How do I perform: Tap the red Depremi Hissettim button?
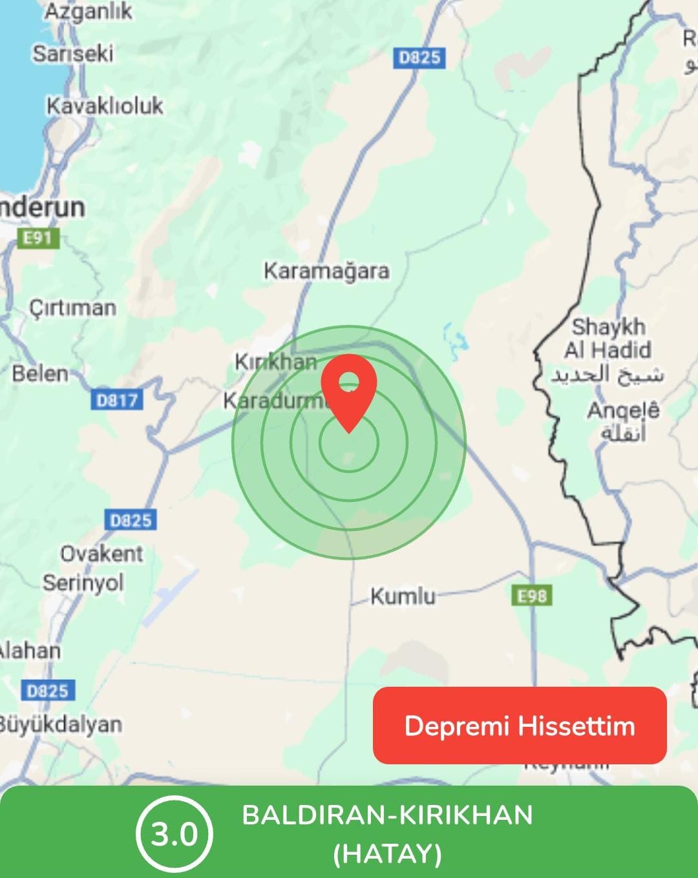click(x=520, y=726)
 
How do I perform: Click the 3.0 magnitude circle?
click(x=174, y=834)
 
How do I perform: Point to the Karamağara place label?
click(x=326, y=271)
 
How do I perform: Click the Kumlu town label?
click(x=403, y=596)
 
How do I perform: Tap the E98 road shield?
click(x=532, y=596)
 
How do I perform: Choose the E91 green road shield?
click(x=37, y=238)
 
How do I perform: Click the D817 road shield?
click(x=117, y=401)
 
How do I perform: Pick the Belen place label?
click(x=40, y=373)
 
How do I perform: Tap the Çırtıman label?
click(x=72, y=308)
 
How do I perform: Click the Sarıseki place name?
click(x=73, y=53)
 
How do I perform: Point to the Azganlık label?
click(x=88, y=12)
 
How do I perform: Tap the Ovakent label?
click(x=101, y=554)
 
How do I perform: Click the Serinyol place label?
click(x=83, y=583)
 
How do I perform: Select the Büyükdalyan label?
click(x=59, y=724)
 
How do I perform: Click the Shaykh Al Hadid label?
click(x=608, y=339)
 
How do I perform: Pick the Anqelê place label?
click(x=623, y=410)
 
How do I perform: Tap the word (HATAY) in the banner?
click(x=388, y=854)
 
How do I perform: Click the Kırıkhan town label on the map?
click(x=276, y=362)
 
